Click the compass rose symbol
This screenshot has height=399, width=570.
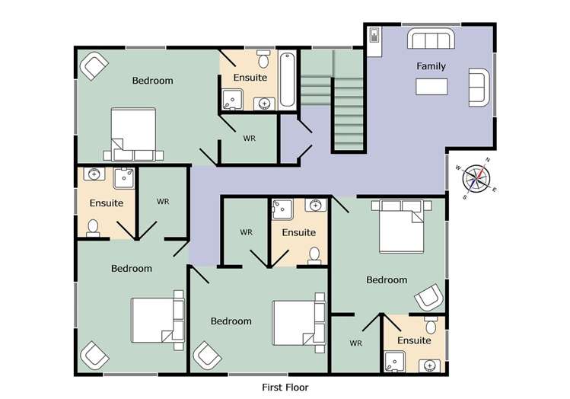tap(477, 180)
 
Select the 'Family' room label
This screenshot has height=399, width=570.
tap(431, 66)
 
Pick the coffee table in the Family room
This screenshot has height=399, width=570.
tap(432, 86)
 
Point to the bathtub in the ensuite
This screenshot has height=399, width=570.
tap(288, 79)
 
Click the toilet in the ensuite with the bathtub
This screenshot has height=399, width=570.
tap(263, 59)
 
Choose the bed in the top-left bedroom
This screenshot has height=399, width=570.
tap(134, 134)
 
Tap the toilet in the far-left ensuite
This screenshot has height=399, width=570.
tap(93, 228)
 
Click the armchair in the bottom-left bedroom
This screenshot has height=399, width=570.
tap(94, 354)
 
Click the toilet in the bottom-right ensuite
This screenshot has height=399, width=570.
tap(431, 327)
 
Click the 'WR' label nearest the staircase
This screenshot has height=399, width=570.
tap(249, 139)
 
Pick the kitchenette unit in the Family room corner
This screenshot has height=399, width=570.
tap(375, 41)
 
